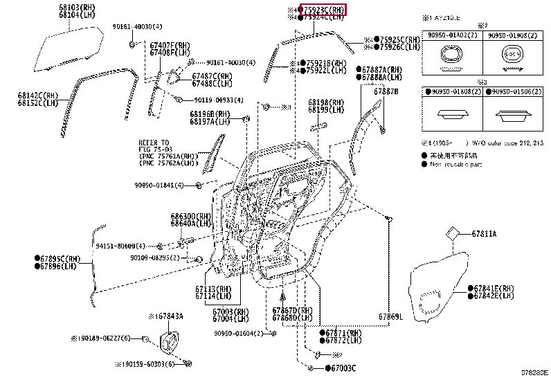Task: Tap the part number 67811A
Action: click(484, 234)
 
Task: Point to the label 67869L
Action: click(390, 317)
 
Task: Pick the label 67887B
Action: click(386, 91)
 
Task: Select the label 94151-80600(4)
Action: click(120, 246)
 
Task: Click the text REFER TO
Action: click(153, 143)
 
